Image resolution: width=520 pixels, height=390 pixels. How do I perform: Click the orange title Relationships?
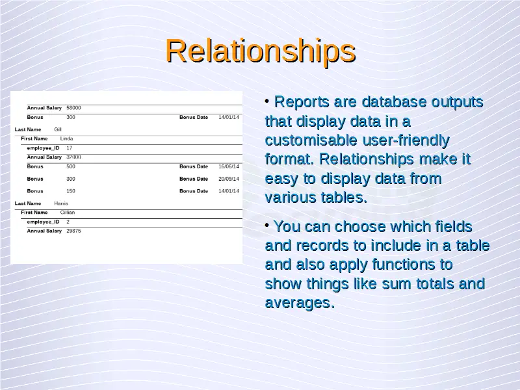pos(261,51)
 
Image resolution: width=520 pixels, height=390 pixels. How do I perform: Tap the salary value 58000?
pos(73,108)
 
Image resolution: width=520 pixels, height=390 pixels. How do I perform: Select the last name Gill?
pos(58,129)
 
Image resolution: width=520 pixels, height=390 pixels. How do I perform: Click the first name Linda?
pos(67,138)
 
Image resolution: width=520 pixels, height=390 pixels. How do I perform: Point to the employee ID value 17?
pos(70,148)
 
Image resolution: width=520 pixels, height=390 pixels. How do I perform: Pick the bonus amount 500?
pos(71,166)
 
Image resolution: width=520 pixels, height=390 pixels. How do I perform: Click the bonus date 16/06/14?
pos(229,166)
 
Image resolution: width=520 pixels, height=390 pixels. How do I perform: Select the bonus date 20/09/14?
pos(229,179)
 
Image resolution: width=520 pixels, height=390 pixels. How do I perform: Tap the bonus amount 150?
pos(71,191)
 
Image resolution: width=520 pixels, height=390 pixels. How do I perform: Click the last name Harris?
pos(61,203)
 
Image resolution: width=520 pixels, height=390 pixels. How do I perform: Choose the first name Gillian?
pos(68,213)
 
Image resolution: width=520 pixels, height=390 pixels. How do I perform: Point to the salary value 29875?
pos(73,231)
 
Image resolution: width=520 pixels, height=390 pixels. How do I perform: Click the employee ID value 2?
pos(68,222)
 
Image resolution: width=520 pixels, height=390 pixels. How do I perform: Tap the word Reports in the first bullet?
pos(302,102)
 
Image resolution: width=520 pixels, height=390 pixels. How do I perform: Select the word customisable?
pos(311,140)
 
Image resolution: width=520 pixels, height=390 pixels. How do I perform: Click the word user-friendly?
pos(406,140)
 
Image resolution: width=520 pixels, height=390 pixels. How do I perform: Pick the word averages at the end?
pos(300,303)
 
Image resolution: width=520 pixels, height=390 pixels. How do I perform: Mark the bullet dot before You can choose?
pos(267,225)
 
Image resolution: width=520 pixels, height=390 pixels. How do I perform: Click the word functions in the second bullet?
pos(412,265)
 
